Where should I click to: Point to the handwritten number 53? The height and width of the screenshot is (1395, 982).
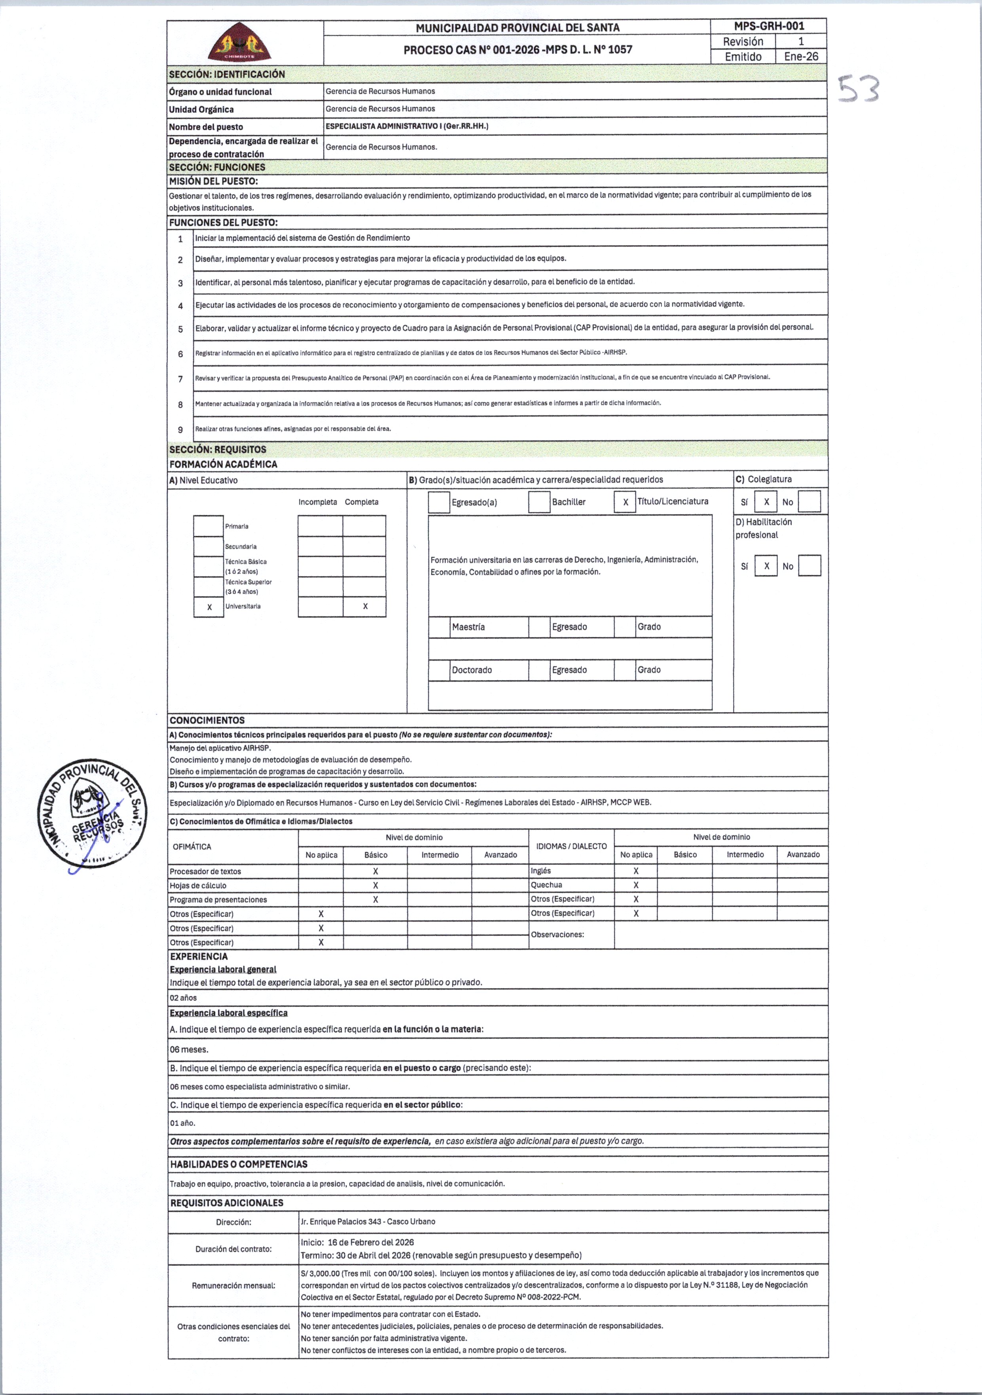(x=859, y=91)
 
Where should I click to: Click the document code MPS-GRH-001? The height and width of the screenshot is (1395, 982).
(x=769, y=26)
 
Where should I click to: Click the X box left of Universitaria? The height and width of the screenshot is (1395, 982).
(x=209, y=607)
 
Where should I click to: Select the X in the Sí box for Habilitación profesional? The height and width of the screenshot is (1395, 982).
(x=766, y=566)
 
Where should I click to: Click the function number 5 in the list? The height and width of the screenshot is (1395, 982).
(x=180, y=329)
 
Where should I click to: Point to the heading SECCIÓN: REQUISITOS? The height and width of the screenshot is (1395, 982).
(x=218, y=450)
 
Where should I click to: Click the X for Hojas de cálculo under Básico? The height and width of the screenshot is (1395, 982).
(x=376, y=886)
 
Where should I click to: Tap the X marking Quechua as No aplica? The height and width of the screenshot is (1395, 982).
(x=636, y=885)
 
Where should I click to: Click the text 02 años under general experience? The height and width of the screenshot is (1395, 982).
(x=183, y=998)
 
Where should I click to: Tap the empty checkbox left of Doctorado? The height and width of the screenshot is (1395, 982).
(x=439, y=670)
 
